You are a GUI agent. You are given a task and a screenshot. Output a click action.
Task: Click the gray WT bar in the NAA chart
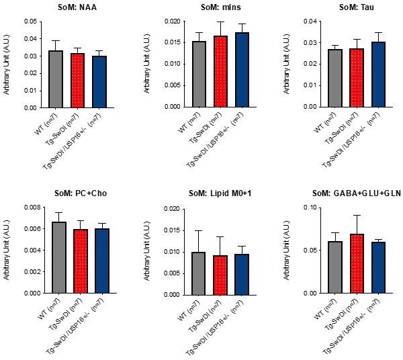coord(56,79)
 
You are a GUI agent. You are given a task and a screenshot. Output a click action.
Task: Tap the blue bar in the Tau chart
coord(378,75)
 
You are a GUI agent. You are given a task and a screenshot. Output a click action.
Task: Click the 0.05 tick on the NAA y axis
coord(29,21)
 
